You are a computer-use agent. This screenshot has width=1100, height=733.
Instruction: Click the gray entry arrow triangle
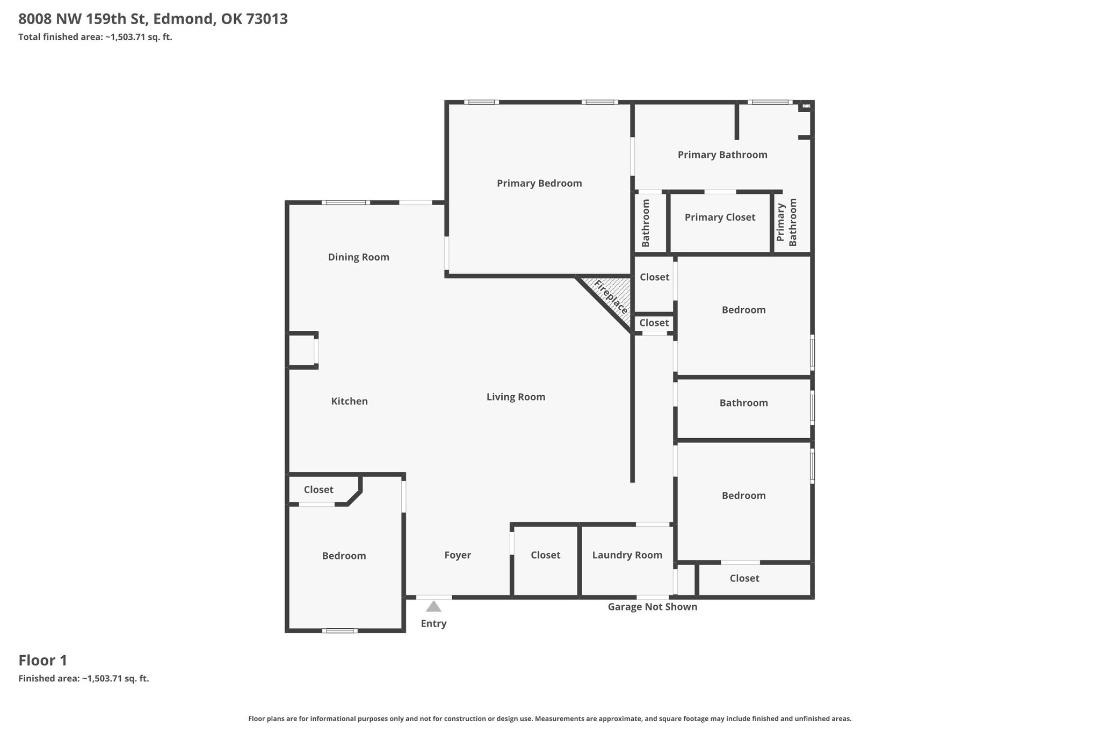[x=433, y=607]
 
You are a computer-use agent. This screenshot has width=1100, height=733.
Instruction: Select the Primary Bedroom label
[x=539, y=183]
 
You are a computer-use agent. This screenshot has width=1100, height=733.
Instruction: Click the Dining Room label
[x=359, y=257]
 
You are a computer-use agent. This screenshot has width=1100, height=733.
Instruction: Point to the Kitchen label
[x=349, y=401]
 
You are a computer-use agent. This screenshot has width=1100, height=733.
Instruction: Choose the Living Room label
[x=516, y=397]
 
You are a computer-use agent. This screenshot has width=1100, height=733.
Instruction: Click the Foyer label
[x=458, y=555]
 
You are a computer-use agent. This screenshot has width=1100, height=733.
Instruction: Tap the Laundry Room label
[x=627, y=555]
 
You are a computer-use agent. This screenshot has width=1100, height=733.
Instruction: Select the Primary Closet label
[x=720, y=217]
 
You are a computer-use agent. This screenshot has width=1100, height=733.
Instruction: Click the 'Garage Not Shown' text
[x=653, y=607]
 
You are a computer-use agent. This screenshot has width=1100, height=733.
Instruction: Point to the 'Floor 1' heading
[x=43, y=660]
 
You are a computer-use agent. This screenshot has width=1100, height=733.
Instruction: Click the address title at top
[x=153, y=19]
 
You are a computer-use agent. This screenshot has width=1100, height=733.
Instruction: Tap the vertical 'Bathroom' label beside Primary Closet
[x=646, y=223]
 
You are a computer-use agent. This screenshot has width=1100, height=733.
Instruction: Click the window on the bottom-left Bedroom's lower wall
[x=340, y=630]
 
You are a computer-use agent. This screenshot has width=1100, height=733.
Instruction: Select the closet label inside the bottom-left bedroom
[x=319, y=490]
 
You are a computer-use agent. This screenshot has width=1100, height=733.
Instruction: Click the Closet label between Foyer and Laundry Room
[x=545, y=555]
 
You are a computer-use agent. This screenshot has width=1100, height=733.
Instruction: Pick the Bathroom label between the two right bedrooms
[x=743, y=403]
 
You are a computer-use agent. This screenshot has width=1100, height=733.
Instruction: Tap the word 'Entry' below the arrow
[x=433, y=623]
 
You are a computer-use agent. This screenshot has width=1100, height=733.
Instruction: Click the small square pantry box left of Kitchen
[x=302, y=351]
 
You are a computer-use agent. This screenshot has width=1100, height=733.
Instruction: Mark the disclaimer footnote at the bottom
[x=550, y=719]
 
